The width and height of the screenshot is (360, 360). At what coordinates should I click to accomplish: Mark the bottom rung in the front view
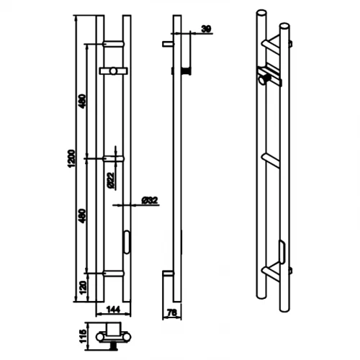click(114, 273)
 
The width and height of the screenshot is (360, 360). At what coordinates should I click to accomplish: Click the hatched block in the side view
click(186, 70)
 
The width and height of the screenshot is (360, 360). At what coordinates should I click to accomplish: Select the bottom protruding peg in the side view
click(166, 273)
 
